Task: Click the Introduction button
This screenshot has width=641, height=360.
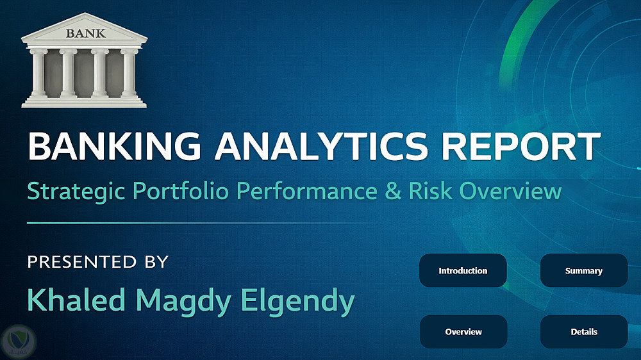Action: point(463,270)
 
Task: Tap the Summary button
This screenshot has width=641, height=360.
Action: point(584,270)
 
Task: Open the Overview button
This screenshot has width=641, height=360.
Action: point(463,332)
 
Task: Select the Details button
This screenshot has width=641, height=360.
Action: point(584,332)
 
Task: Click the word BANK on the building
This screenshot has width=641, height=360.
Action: point(86,33)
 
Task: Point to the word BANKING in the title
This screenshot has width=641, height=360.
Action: point(115,146)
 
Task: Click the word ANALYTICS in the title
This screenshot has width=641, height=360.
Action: point(321,146)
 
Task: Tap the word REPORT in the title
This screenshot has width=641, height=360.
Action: point(521,146)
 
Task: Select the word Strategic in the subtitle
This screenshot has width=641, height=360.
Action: point(76,192)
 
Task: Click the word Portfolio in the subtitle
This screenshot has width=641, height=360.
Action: point(180,190)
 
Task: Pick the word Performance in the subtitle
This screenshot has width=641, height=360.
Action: point(307,190)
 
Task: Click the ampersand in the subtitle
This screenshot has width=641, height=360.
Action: point(394,191)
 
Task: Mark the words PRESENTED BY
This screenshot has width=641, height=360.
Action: point(97,261)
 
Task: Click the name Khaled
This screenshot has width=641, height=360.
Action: point(76,300)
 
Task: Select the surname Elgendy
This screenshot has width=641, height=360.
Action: point(297,302)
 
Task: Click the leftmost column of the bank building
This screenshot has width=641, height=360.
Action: point(39,74)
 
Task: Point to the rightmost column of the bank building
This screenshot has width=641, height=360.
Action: point(129,74)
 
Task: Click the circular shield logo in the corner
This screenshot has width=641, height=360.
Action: point(19,341)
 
